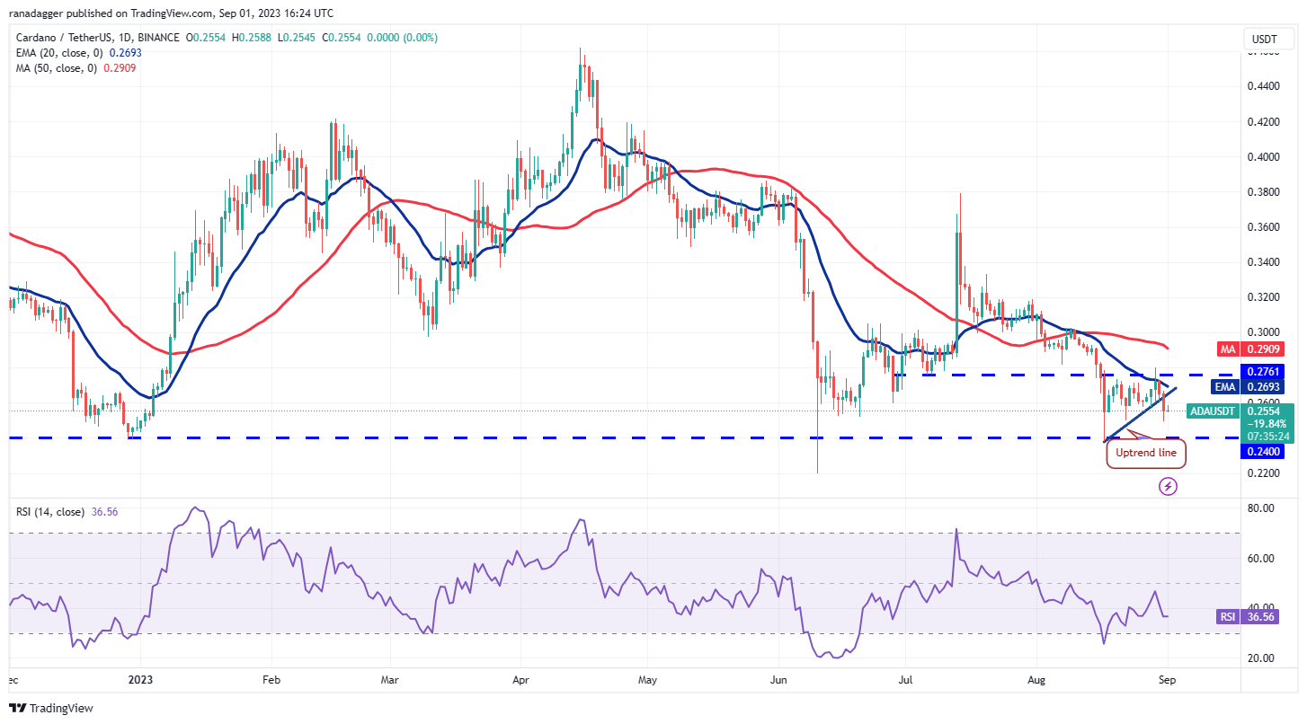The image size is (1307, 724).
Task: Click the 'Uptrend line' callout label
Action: pyautogui.click(x=1145, y=453)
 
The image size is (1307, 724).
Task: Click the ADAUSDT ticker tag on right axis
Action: pyautogui.click(x=1212, y=411)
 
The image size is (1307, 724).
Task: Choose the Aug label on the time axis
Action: pyautogui.click(x=1036, y=681)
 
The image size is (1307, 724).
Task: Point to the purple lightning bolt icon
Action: pyautogui.click(x=1168, y=486)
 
